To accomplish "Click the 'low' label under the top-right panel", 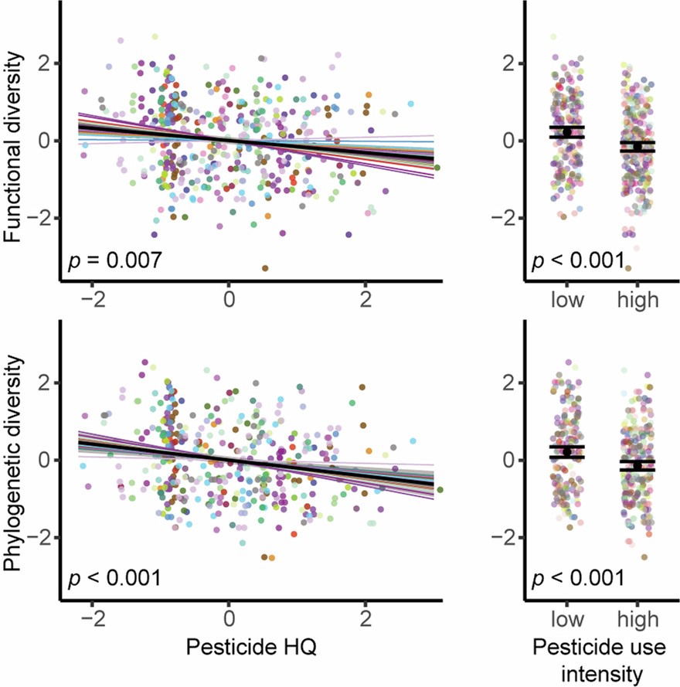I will pos(568,300).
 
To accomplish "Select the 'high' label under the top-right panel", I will pos(637,300).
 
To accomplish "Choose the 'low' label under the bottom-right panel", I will pos(568,619).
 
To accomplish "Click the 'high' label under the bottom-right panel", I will pos(637,619).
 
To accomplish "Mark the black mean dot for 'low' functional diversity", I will pos(567,132).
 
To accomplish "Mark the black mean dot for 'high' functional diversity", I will pos(637,146).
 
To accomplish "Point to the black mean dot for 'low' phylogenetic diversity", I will pos(567,451).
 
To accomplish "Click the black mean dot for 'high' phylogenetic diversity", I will pos(637,464).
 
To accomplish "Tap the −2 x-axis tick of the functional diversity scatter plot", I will pos(93,298).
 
